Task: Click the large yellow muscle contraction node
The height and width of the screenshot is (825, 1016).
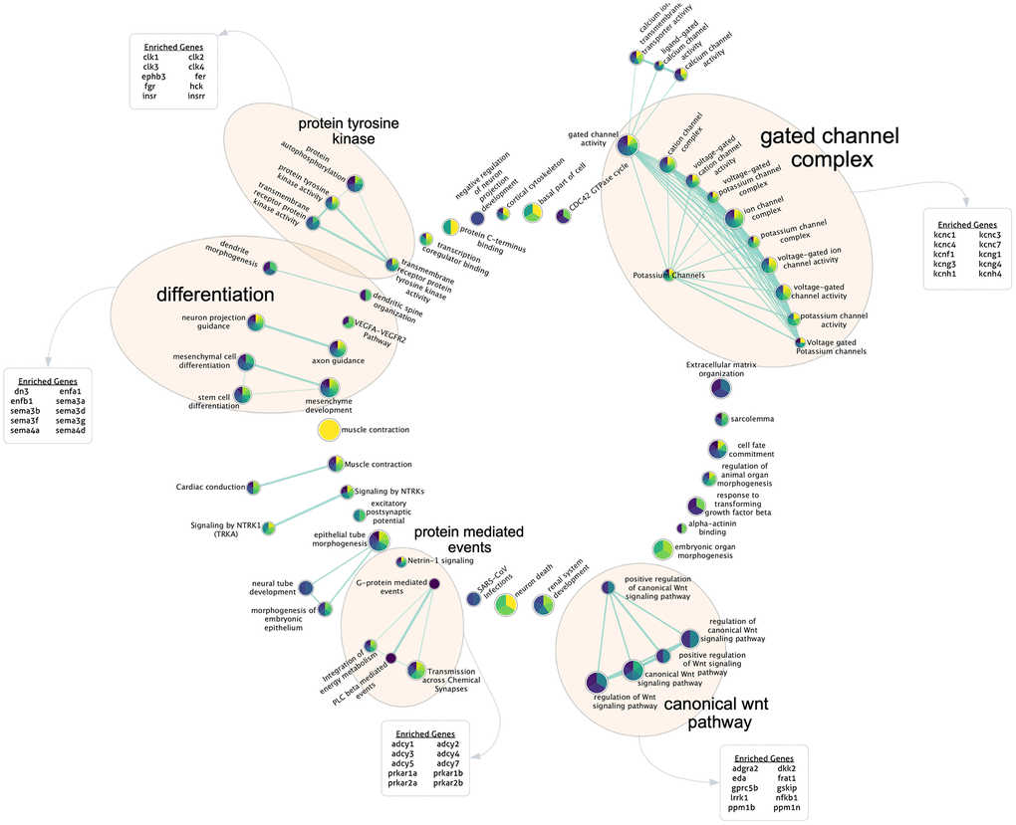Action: point(329,430)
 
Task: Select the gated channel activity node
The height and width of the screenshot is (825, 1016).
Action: point(627,145)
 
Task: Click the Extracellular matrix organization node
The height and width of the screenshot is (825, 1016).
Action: point(721,389)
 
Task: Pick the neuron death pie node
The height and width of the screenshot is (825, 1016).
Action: point(505,604)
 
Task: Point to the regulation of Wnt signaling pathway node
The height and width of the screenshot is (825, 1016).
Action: point(596,683)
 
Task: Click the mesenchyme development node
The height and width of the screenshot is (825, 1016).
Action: point(328,388)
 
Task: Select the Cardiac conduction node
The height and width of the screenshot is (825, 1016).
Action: point(254,487)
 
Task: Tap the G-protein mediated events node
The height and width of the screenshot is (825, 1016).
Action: point(434,583)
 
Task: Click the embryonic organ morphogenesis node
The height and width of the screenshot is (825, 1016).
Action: point(662,549)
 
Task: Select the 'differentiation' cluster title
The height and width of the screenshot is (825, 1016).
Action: point(214,295)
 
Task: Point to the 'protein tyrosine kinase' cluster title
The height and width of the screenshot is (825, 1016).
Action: point(349,130)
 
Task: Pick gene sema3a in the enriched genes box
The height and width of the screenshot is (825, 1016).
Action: point(71,401)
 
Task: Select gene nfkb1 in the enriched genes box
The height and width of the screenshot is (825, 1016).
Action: point(786,797)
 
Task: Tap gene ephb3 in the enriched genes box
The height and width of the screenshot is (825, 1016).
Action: point(153,77)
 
